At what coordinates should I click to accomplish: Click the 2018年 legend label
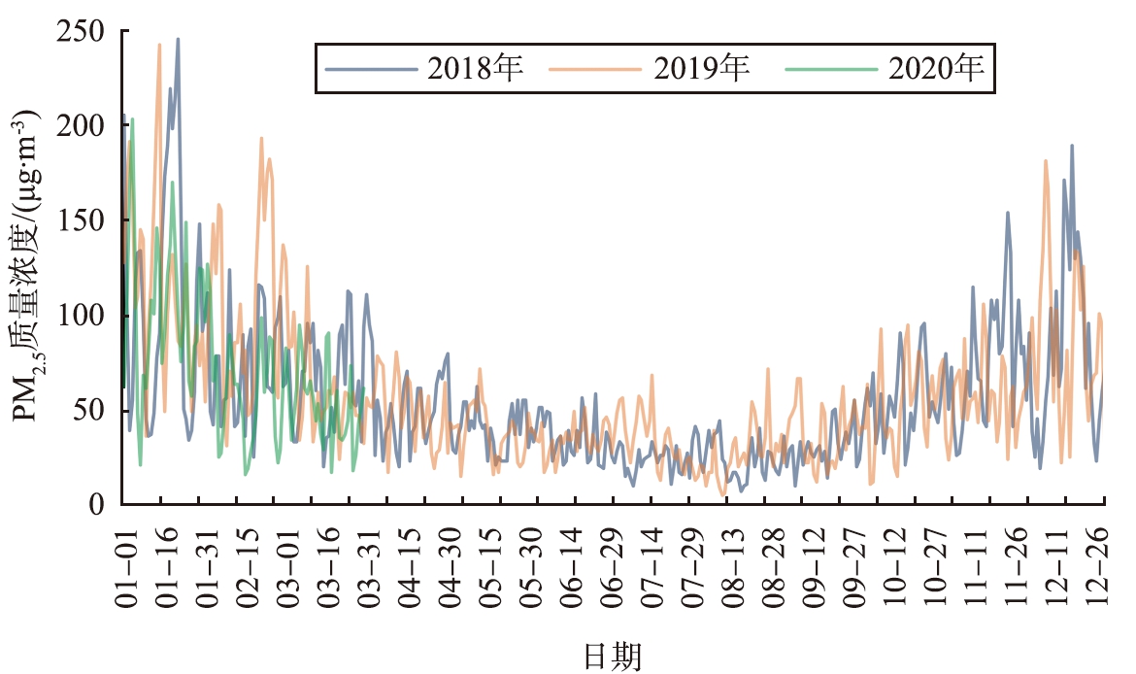475,69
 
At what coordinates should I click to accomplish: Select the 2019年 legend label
701,69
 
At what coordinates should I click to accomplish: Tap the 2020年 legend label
936,69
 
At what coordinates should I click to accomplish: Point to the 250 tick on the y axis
82,31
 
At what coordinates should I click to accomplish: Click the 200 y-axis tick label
82,125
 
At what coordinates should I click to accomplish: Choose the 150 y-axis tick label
82,220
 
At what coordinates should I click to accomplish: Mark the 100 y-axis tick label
82,316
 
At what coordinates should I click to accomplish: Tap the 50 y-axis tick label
89,410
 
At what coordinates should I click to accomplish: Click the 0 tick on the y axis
97,504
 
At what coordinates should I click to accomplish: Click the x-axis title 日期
613,657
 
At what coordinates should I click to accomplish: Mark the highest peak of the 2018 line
178,39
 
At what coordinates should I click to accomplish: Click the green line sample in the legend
832,70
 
